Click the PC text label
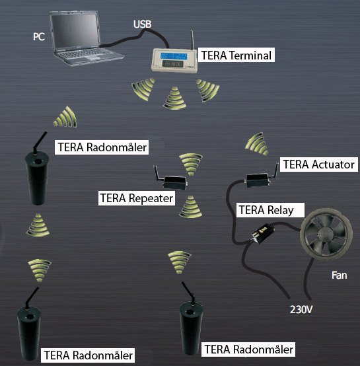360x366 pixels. pos(40,36)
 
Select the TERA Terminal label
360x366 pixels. pos(236,56)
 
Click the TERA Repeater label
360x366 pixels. pos(135,197)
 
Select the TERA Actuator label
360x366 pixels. pos(318,165)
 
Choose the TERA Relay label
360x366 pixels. pos(270,211)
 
